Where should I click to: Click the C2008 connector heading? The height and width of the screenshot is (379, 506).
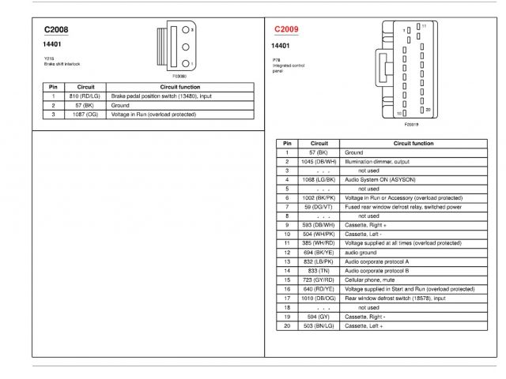(x=56, y=30)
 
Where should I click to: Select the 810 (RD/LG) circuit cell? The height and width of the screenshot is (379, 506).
(x=86, y=96)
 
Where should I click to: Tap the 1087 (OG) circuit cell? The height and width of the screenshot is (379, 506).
(x=86, y=114)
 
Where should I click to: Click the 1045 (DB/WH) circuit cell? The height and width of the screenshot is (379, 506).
(x=318, y=161)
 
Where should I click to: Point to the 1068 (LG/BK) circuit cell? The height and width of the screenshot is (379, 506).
(x=318, y=179)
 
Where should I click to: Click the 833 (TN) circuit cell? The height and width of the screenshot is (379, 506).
(x=318, y=270)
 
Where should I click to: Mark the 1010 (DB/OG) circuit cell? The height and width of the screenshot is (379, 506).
(x=318, y=298)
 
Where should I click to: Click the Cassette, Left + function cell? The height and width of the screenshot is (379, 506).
(x=364, y=325)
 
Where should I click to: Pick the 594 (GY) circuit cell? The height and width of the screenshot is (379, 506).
(x=318, y=316)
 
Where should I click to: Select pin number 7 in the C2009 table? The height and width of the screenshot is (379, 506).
(x=287, y=206)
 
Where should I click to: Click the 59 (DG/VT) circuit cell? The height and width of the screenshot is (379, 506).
(x=318, y=206)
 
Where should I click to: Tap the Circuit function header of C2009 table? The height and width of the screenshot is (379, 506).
(x=413, y=143)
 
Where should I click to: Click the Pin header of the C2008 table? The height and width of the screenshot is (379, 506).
(x=53, y=86)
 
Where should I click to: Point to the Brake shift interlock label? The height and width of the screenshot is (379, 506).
(x=62, y=63)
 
